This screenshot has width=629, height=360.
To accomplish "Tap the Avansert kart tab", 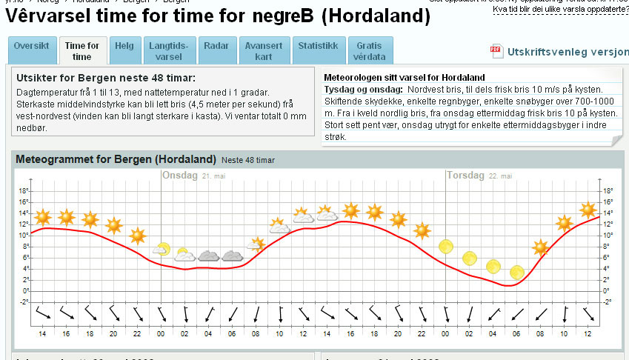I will (x=264, y=50).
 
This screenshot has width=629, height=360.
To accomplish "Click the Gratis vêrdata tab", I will (x=369, y=50).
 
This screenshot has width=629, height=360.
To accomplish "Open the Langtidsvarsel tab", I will (x=169, y=50).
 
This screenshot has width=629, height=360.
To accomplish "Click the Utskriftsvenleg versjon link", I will (x=568, y=52).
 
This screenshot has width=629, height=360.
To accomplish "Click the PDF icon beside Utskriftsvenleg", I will (x=496, y=51).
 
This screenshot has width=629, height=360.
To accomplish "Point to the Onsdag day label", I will (x=180, y=176).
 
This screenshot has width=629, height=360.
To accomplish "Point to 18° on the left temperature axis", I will (x=23, y=190).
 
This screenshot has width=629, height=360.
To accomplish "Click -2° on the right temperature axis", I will (x=608, y=301).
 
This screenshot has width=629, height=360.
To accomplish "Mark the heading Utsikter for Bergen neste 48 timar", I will (x=105, y=78).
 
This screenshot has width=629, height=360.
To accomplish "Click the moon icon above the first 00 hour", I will (x=162, y=250).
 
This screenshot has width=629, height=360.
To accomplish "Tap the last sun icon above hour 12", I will (x=588, y=210).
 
